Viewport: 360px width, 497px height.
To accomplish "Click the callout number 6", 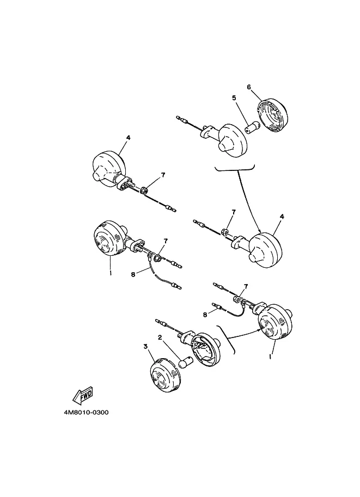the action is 249,87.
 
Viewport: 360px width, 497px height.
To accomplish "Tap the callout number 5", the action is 234,97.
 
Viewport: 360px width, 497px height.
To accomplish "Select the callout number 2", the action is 160,338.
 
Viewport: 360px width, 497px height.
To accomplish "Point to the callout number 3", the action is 145,346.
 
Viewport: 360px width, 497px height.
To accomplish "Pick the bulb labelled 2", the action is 185,363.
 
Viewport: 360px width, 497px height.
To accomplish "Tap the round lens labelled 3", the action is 164,376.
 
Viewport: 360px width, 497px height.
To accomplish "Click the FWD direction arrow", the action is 82,395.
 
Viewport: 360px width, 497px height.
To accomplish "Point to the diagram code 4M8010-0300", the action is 86,413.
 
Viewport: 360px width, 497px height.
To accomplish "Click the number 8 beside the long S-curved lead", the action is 133,274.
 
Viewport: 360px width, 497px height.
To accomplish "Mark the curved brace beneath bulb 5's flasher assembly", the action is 235,169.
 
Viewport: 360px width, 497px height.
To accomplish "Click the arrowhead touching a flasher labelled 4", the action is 259,231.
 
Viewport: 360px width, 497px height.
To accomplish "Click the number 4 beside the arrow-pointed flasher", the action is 282,217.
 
